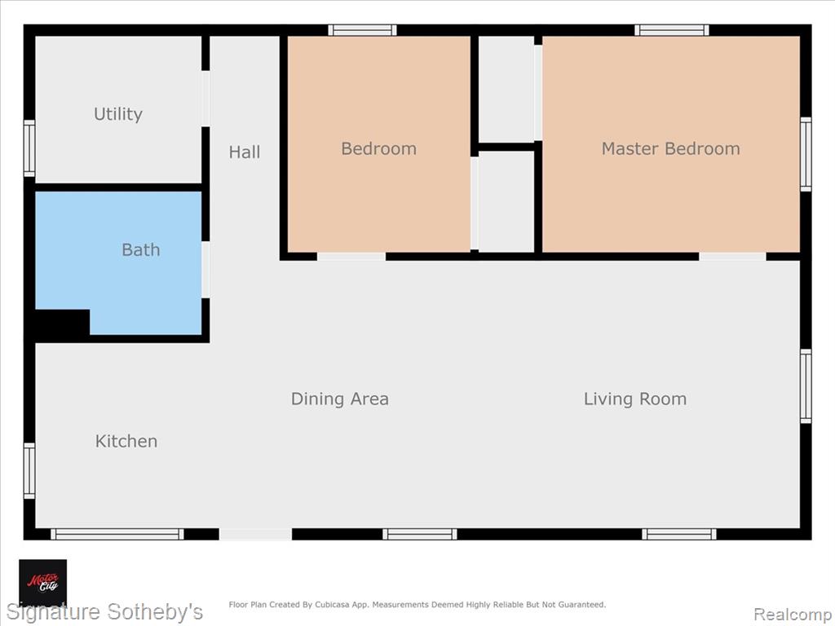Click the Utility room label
[117, 114]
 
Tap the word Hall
[245, 152]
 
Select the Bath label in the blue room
[140, 249]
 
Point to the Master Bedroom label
[670, 148]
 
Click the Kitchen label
[126, 441]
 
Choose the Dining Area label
[340, 399]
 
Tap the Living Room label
[634, 399]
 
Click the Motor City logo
[43, 583]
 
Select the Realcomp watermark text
[792, 615]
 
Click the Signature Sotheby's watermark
[104, 612]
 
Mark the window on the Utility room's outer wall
[29, 148]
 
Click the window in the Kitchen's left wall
[29, 471]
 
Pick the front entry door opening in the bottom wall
[255, 534]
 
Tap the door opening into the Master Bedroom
[733, 257]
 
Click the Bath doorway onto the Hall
[205, 270]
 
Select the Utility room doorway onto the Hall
[205, 99]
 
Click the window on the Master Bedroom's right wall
[806, 154]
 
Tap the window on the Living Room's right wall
[806, 386]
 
